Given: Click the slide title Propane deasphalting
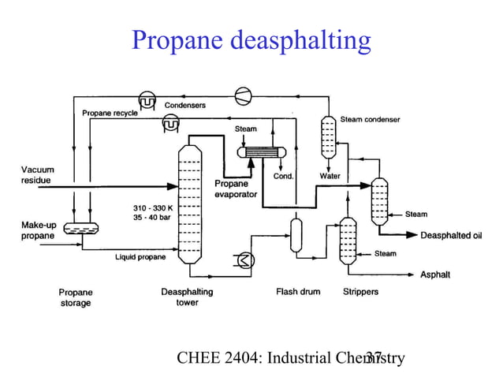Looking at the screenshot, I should (x=251, y=40).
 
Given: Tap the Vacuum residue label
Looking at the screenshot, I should (x=37, y=175).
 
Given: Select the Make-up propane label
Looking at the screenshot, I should (x=37, y=230).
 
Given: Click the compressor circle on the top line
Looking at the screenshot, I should (x=244, y=94).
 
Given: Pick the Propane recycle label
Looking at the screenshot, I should (x=110, y=113).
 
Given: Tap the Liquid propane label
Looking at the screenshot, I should (x=140, y=257).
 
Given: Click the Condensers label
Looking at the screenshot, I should (x=185, y=104).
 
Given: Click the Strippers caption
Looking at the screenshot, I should (x=360, y=292).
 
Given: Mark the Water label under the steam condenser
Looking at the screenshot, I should (x=330, y=176).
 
